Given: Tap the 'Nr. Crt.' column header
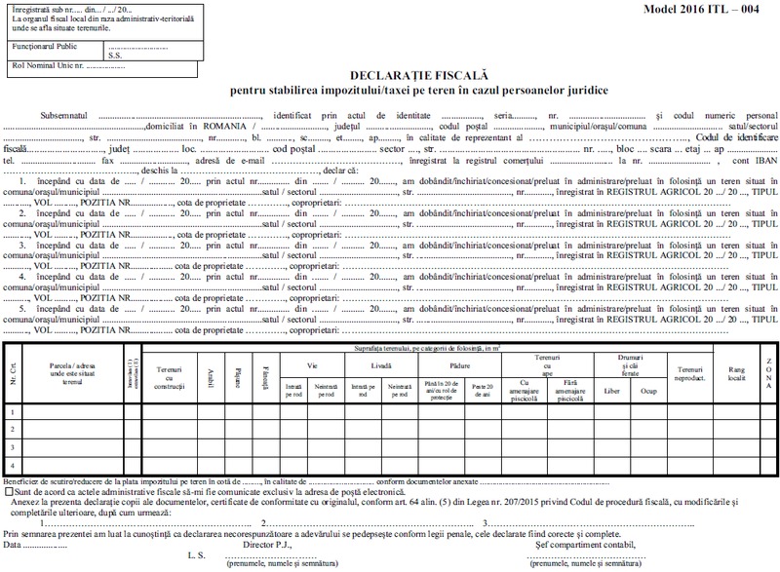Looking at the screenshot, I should [12, 371].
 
